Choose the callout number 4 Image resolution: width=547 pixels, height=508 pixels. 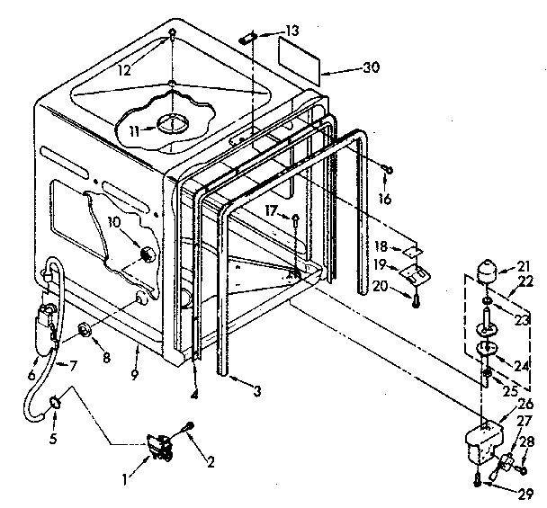194,393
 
